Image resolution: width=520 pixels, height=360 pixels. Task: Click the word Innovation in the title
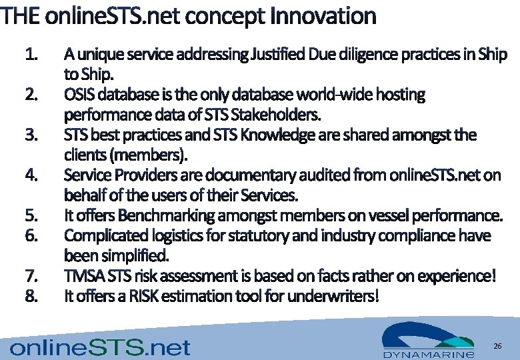click(x=323, y=15)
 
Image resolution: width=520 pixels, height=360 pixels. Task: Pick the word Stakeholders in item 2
click(x=281, y=115)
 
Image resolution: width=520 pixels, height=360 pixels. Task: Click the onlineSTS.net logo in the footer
click(x=101, y=347)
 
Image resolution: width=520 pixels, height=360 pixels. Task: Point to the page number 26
click(x=497, y=346)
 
